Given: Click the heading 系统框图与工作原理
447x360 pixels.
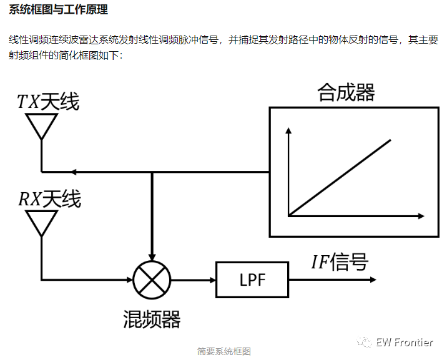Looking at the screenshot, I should tap(59, 10).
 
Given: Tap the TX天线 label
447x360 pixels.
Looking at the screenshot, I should tap(48, 102).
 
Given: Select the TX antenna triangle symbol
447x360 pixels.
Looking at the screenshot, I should tap(42, 126).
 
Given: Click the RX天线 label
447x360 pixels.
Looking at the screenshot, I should tap(49, 199).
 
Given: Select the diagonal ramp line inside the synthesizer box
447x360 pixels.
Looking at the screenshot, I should tap(340, 177).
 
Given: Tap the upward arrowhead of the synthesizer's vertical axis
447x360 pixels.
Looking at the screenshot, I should tap(288, 132).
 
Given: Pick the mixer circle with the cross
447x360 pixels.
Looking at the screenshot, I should tap(152, 280).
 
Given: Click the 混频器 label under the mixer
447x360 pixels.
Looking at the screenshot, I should tap(152, 319).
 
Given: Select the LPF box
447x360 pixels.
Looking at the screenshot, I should tap(252, 280).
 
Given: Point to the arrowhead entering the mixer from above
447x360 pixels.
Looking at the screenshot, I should tap(152, 255).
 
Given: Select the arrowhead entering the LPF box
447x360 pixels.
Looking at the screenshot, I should tap(211, 280).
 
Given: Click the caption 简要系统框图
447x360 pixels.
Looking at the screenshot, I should tap(223, 351).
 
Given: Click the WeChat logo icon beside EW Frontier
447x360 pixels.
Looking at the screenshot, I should tap(365, 342).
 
